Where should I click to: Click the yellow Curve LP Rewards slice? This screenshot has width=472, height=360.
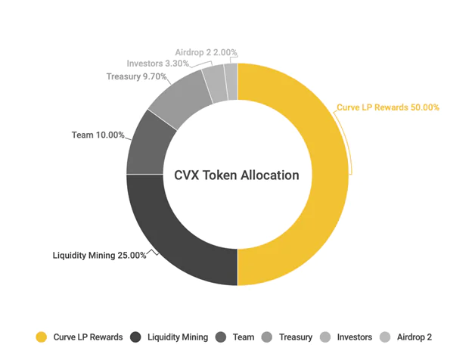(330, 175)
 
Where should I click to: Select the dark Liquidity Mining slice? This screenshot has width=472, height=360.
(169, 241)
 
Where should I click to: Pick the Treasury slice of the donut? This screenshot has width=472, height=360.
(181, 96)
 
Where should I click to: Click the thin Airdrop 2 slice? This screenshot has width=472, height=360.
(231, 82)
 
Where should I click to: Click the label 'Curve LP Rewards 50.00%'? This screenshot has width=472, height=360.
(388, 107)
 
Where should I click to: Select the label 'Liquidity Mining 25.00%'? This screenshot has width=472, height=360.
(99, 255)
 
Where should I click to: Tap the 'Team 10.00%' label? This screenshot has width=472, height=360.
(98, 135)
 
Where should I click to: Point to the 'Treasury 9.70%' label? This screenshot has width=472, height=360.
(136, 76)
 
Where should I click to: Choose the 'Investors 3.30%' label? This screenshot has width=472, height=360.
(158, 64)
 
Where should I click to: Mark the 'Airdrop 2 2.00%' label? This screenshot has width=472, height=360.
(206, 52)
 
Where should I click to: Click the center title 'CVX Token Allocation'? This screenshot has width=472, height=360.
(237, 175)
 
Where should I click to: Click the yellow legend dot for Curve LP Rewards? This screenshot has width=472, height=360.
(42, 337)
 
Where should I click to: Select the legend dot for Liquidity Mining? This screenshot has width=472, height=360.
(135, 337)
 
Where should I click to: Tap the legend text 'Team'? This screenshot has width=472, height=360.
(244, 337)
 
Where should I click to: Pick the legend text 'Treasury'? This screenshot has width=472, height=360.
(296, 337)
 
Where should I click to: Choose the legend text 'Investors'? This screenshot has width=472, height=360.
(354, 337)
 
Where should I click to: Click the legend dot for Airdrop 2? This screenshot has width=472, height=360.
(385, 337)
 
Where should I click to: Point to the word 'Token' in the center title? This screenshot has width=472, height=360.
(219, 175)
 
